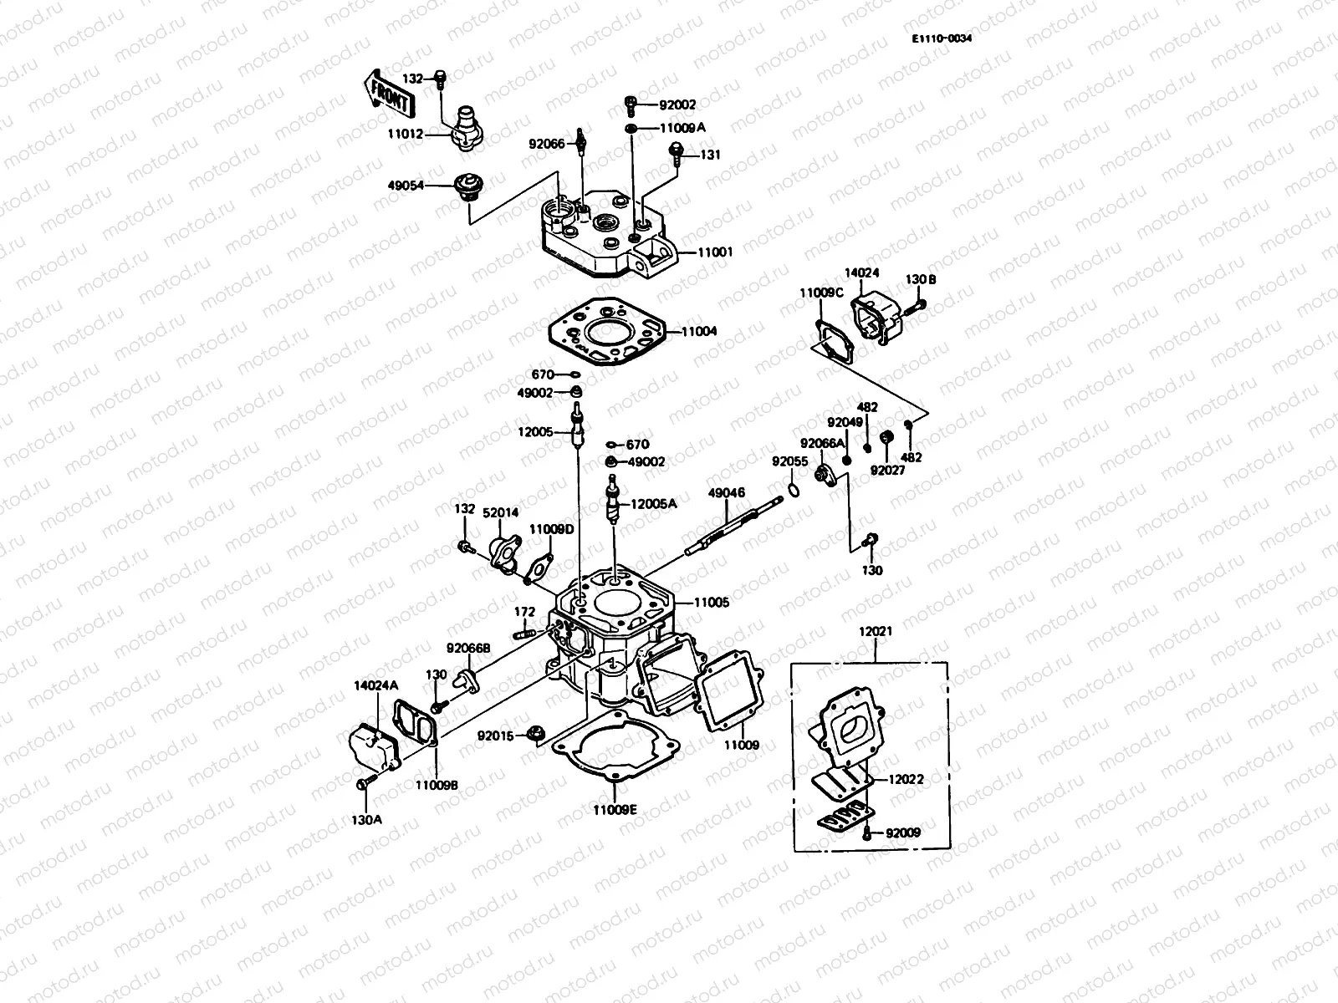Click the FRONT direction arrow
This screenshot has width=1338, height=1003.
[386, 93]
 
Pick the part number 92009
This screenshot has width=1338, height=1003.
[903, 832]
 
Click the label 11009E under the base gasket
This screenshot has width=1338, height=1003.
[615, 809]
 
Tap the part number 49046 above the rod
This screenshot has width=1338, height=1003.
[727, 493]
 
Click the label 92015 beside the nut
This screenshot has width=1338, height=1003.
[496, 736]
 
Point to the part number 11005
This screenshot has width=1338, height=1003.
[712, 602]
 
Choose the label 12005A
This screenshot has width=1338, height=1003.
[653, 504]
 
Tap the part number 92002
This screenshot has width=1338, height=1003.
[677, 105]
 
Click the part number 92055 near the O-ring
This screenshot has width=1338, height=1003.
[789, 461]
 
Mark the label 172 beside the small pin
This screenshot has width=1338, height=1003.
[524, 612]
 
